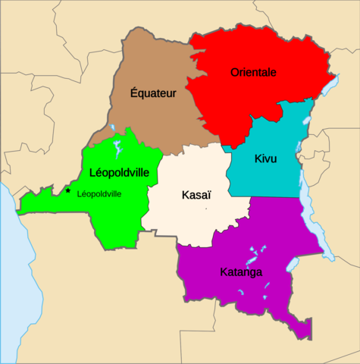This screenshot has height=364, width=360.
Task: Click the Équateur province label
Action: (x=153, y=94)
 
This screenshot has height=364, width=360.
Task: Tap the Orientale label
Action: (x=253, y=73)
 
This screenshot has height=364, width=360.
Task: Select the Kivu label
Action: (x=265, y=159)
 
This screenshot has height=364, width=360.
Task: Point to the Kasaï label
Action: (x=196, y=196)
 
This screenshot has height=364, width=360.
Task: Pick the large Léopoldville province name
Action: (x=124, y=171)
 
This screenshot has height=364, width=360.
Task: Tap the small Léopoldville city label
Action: (x=99, y=194)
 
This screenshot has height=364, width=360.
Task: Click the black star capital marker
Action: (x=68, y=191)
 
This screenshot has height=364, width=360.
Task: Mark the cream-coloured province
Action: (x=189, y=220)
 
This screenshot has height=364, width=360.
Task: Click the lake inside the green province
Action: (x=117, y=145)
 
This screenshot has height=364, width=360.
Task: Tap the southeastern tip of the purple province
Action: (x=308, y=334)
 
